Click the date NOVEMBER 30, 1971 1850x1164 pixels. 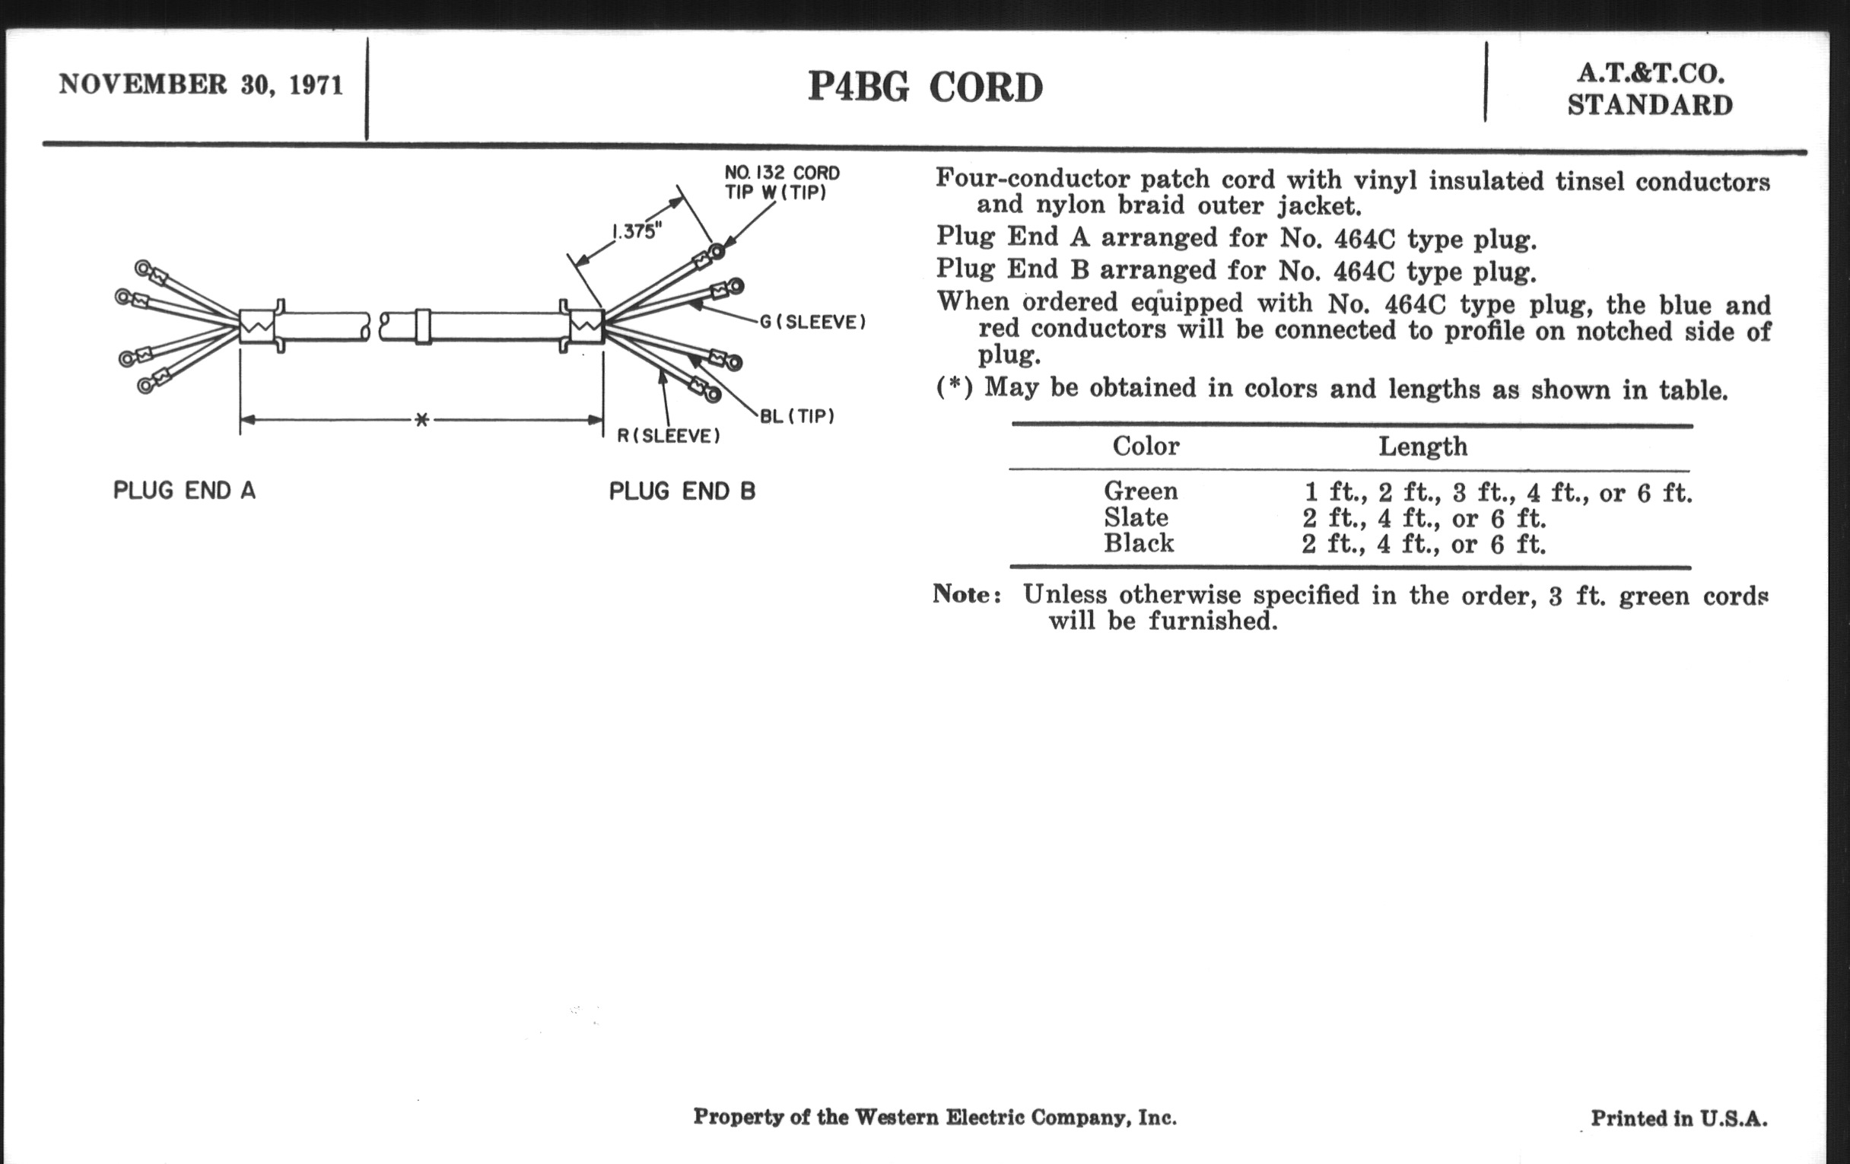(201, 84)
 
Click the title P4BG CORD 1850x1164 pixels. (925, 87)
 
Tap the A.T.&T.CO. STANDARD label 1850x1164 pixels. (1649, 89)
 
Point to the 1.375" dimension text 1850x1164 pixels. (636, 231)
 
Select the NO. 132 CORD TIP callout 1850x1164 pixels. (781, 182)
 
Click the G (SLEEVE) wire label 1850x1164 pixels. (813, 322)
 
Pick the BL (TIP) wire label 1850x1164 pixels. (796, 416)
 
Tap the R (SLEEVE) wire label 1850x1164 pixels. (669, 436)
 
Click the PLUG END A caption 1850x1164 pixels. (184, 490)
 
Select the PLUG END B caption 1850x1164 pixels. (682, 491)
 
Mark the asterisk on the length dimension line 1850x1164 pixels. (421, 419)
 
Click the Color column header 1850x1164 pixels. (1146, 446)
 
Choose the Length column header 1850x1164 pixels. (1422, 447)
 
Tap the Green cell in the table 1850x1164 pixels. (1141, 490)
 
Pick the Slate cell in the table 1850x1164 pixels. (1136, 517)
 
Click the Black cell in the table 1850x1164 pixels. (1139, 543)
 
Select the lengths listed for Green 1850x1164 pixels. (1497, 491)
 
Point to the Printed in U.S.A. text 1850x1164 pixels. (1679, 1118)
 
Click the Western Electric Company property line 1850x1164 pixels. (934, 1116)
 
